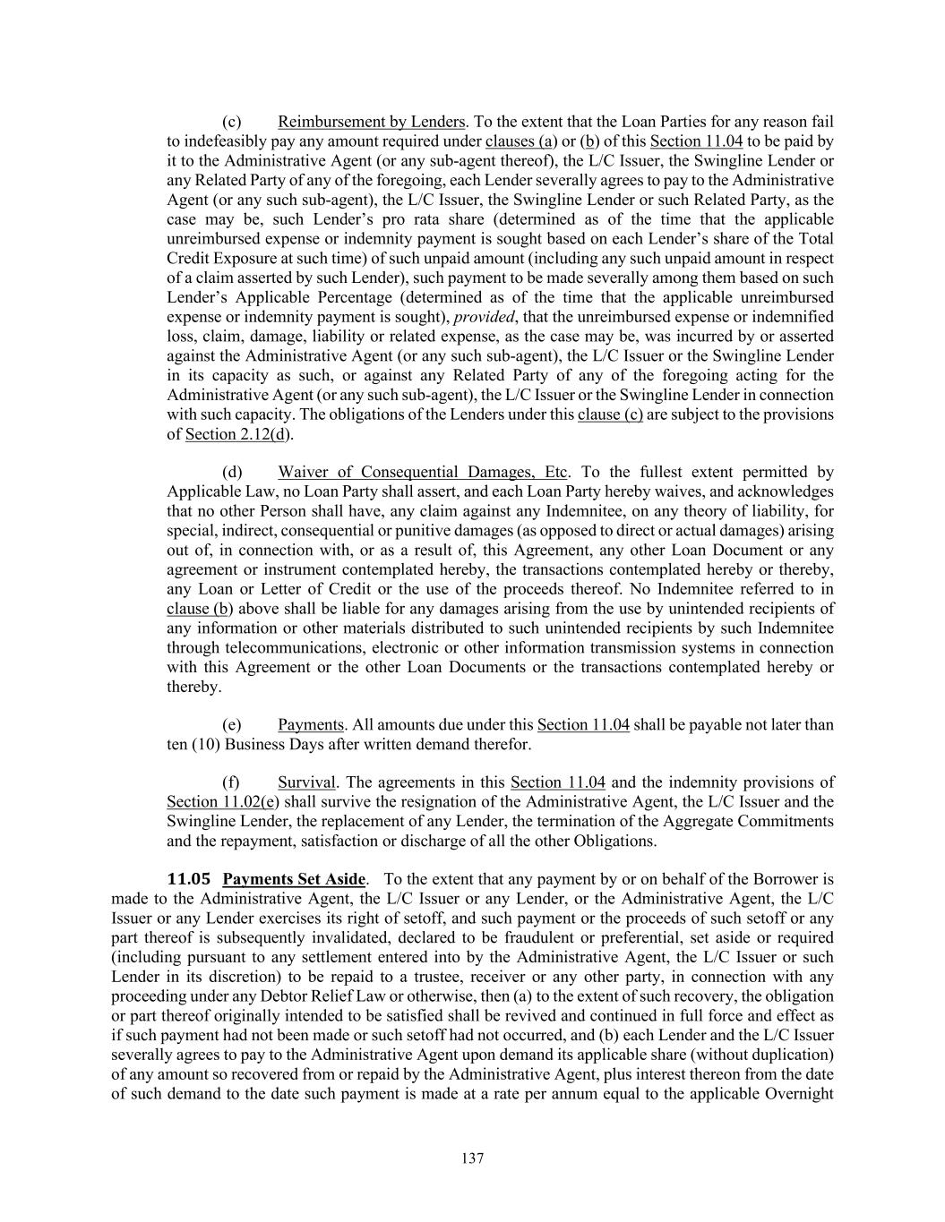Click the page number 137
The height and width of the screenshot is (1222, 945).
click(472, 1158)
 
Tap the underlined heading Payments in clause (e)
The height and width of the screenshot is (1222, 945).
click(311, 724)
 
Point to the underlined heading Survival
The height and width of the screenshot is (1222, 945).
click(306, 782)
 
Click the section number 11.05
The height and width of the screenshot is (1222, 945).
click(189, 879)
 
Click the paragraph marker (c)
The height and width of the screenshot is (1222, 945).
click(232, 122)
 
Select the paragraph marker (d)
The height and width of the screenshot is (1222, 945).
click(232, 472)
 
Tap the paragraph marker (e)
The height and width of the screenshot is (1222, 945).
click(231, 724)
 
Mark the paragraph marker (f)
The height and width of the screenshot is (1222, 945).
click(230, 782)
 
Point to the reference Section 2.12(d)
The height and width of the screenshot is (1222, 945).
click(239, 434)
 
